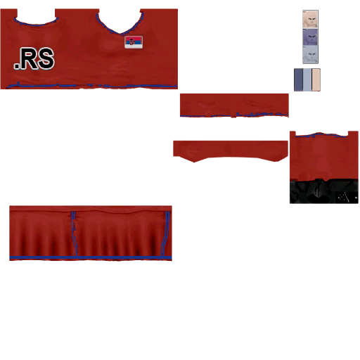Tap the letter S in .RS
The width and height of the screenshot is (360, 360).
(x=46, y=58)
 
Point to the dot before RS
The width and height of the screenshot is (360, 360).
(x=17, y=66)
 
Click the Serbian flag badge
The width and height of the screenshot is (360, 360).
(x=134, y=42)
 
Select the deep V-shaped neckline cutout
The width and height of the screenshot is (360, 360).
(x=120, y=22)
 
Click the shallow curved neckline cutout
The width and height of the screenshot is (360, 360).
(x=36, y=17)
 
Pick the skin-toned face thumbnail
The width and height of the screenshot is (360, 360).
(x=310, y=20)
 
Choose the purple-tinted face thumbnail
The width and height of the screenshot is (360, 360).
(x=310, y=37)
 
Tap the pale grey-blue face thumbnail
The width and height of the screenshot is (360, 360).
(x=310, y=55)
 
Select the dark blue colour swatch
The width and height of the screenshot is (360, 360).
(x=298, y=79)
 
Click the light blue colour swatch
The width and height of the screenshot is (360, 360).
(x=307, y=79)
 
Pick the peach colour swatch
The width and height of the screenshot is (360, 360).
(x=316, y=79)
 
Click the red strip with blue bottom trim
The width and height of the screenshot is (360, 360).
(x=234, y=105)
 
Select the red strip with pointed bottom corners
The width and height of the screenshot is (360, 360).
(x=231, y=150)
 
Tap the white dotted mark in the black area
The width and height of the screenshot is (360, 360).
(x=343, y=198)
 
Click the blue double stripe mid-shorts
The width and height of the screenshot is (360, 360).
(x=74, y=233)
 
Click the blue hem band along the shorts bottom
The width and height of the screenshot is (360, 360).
(x=91, y=258)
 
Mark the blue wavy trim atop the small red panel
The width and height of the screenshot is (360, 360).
(x=321, y=135)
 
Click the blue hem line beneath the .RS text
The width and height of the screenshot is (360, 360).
(x=92, y=86)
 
